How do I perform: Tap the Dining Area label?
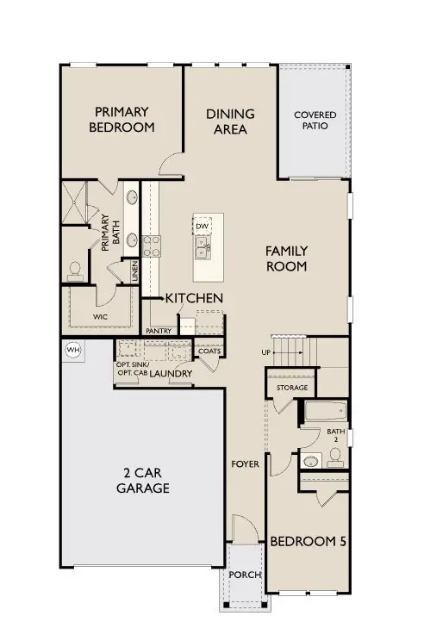coord(230,121)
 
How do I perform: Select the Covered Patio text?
coord(315,121)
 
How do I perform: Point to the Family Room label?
coord(286,258)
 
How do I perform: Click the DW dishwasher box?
coord(203,227)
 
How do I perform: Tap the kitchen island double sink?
coord(203,248)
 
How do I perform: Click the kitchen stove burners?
coord(152,246)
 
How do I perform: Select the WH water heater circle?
coord(72,349)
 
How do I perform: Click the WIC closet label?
coord(102,317)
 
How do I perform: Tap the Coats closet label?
coord(209,351)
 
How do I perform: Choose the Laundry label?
coord(170,373)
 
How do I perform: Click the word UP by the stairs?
coord(266,352)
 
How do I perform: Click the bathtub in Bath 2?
coord(324,413)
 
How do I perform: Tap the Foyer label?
coord(245,464)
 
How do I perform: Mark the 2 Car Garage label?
coord(142,481)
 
